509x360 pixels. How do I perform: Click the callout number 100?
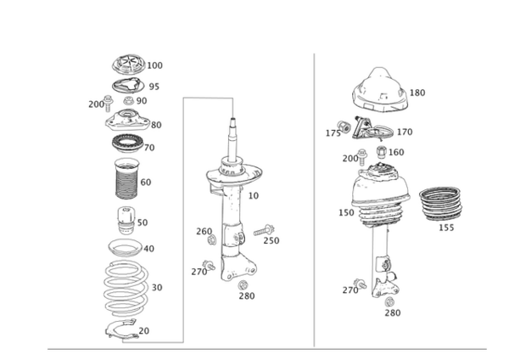pos(155,65)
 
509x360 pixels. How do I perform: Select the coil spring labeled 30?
pos(126,288)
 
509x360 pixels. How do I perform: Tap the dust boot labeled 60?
pos(127,178)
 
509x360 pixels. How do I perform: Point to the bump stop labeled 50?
pos(126,220)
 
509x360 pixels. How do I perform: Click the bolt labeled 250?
pos(264,230)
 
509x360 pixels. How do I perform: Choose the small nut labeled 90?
pos(129,101)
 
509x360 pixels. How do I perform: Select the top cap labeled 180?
pos(380,90)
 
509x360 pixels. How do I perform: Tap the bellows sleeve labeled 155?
pos(440,204)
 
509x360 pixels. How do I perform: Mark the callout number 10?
pos(253,196)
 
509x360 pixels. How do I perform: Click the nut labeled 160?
pos(382,152)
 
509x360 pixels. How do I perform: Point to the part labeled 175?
pos(344,126)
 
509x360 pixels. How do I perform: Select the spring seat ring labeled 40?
pos(125,248)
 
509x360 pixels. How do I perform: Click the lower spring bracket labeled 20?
pos(120,329)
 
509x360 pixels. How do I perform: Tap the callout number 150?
pos(346,213)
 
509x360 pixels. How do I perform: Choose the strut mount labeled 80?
pos(127,121)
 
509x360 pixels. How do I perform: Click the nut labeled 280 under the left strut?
pos(243,285)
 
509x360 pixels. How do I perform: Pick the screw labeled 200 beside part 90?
pos(108,104)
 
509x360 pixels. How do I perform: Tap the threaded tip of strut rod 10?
pos(232,121)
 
